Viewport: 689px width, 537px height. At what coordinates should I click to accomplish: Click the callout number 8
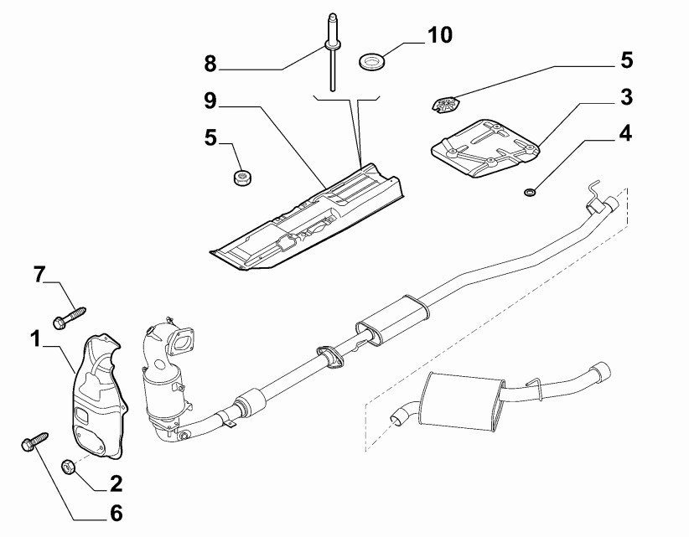[210, 63]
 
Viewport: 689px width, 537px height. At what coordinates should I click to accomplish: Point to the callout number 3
[626, 98]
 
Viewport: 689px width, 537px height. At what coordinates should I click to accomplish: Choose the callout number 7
[39, 273]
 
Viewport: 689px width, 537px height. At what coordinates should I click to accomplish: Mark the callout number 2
[116, 483]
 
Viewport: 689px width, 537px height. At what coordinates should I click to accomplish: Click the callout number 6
[116, 512]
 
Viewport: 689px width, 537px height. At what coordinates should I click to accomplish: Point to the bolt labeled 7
[70, 317]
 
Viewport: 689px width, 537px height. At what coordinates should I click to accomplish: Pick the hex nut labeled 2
[71, 465]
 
